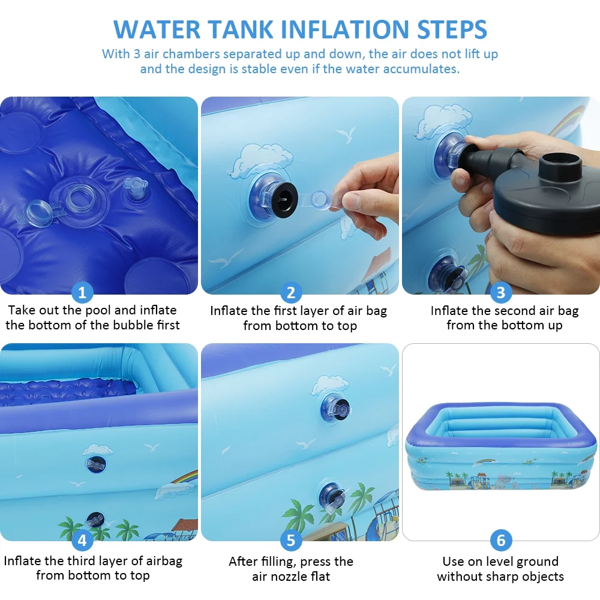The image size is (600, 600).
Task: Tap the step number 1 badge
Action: point(82,292)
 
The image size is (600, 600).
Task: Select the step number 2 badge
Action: point(291,292)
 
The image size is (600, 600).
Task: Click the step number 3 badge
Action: point(501,292)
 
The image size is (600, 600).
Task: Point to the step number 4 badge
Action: point(82,541)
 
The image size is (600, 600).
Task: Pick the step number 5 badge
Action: point(291,541)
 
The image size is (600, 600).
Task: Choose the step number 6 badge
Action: point(501,541)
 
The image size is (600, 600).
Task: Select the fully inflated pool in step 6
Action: point(501,446)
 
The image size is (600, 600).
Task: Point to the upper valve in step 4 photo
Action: point(95,464)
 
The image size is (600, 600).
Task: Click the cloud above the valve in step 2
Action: point(261,161)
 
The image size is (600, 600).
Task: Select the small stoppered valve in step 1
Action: point(135,188)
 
